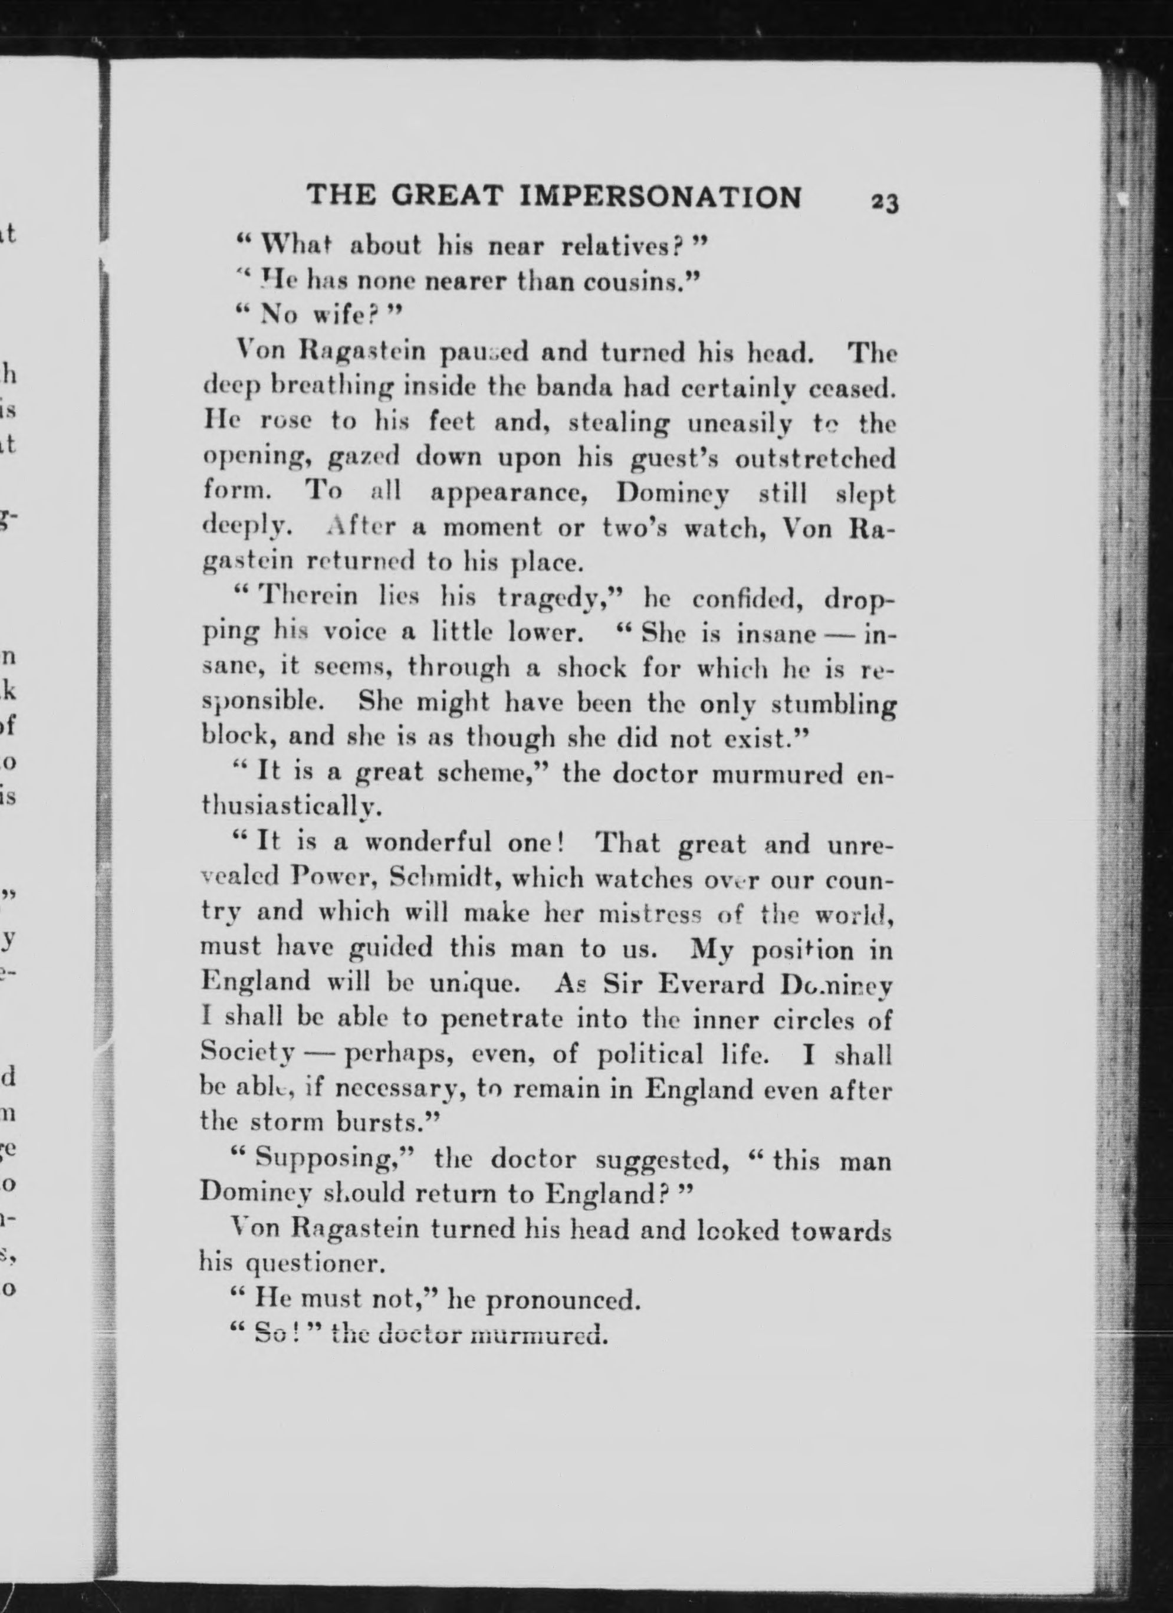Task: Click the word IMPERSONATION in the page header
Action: (x=662, y=196)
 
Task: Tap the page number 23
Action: (x=884, y=203)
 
